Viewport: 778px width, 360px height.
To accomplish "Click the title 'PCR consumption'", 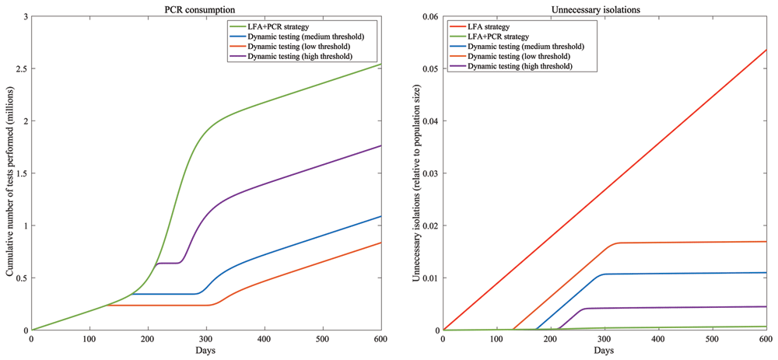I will click(205, 9).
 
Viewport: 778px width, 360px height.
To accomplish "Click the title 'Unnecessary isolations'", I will click(605, 9).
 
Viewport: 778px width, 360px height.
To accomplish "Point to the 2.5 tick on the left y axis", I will click(21, 68).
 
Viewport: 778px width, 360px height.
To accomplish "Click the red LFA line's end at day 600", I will click(766, 50).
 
